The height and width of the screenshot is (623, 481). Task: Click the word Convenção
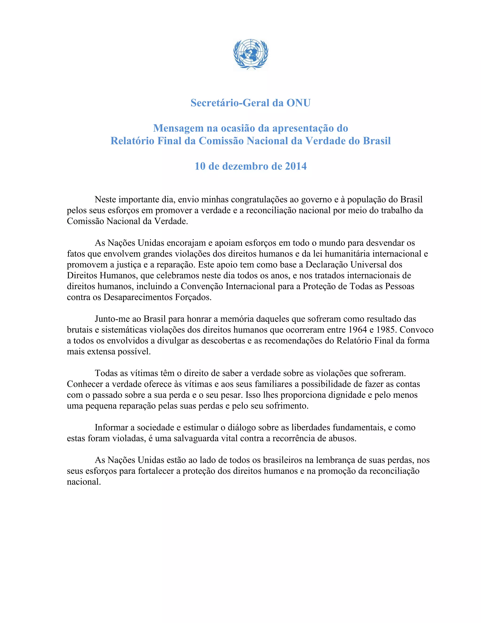202,286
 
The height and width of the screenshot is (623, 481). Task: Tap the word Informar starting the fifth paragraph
112,428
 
